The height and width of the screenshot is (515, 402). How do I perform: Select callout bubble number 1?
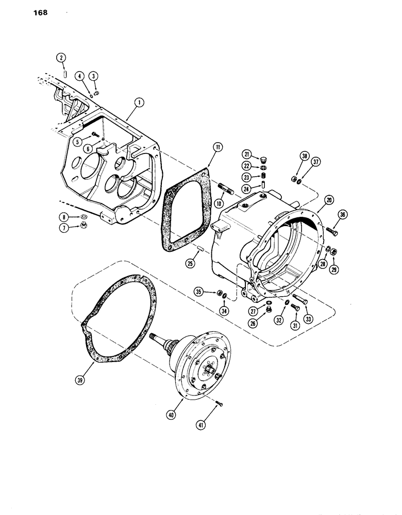pyautogui.click(x=137, y=102)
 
